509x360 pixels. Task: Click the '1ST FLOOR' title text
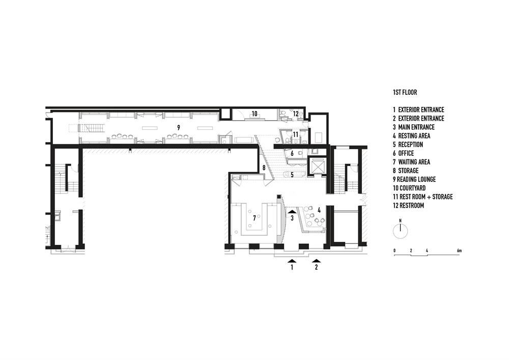(405, 93)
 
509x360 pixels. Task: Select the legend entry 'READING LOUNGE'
(416, 180)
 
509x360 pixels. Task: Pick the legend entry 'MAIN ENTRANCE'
(416, 127)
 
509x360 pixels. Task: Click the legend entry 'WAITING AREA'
(414, 162)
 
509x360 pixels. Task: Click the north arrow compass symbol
(400, 231)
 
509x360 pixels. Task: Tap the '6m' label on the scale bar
(459, 251)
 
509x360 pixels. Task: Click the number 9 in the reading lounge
(179, 128)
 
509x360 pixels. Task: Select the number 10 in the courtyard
(254, 114)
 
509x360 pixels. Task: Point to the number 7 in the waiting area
(254, 218)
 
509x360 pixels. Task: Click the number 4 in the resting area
(319, 210)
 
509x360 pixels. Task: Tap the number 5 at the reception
(292, 175)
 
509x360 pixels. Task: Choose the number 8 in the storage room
(264, 168)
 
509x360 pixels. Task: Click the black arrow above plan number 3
(292, 211)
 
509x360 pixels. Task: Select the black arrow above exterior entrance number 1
(292, 260)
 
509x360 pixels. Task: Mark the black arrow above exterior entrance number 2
(317, 260)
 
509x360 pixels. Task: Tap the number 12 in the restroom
(296, 114)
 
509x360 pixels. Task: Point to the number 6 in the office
(292, 153)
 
